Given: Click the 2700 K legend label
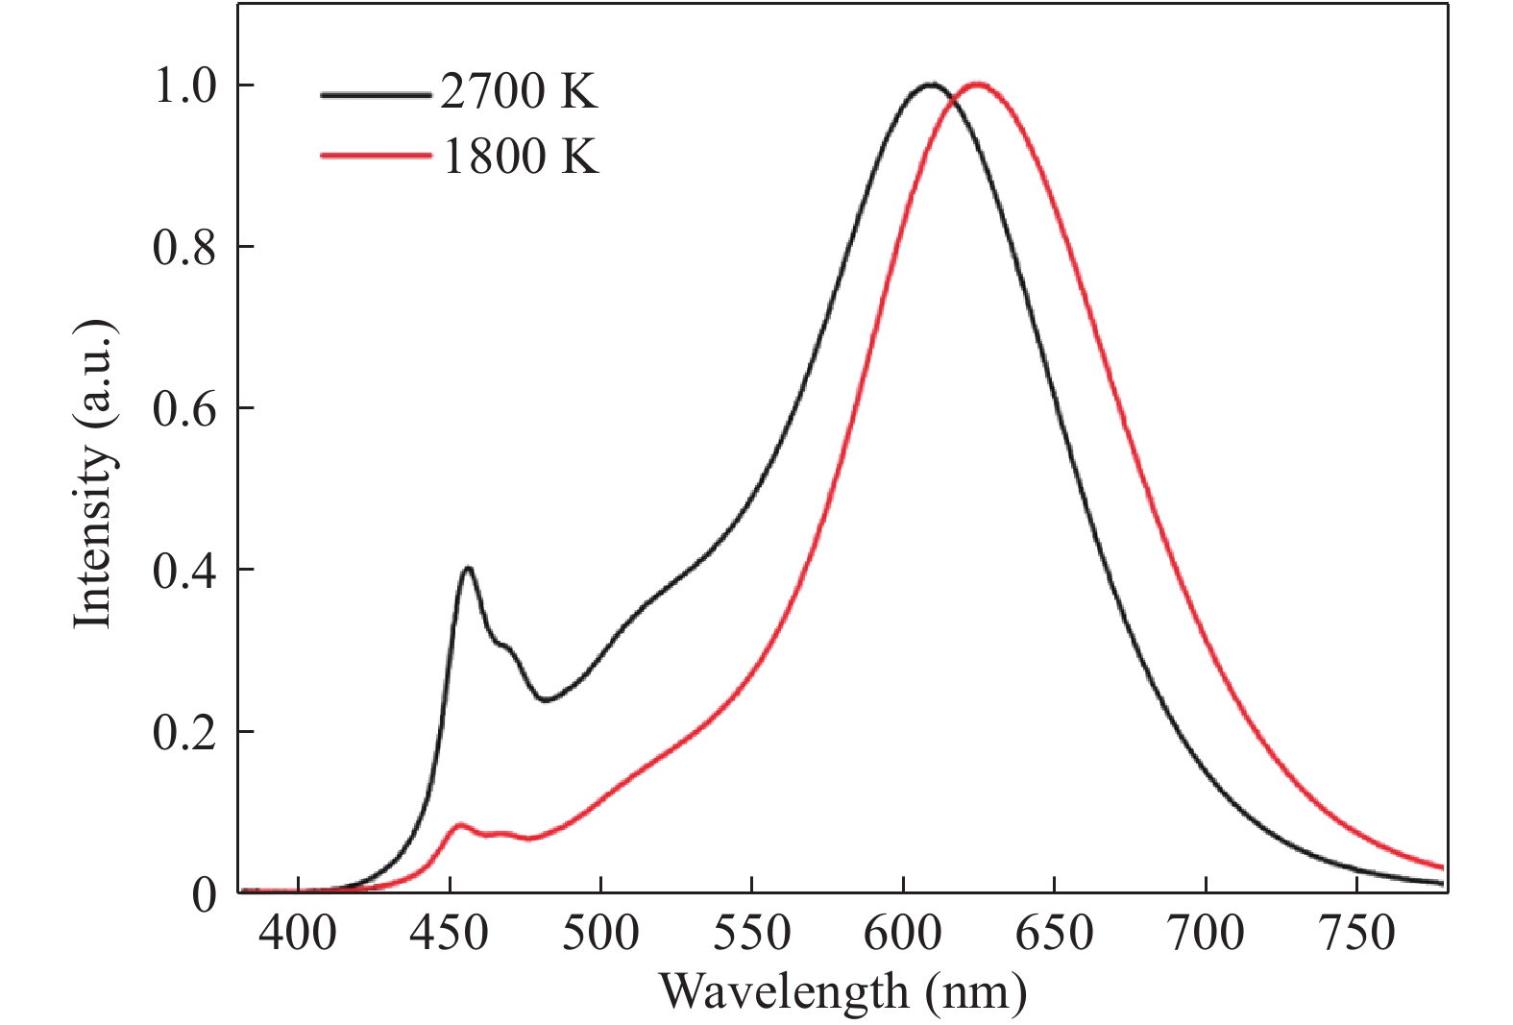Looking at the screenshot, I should (x=519, y=92).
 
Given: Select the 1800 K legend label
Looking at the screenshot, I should (x=521, y=156).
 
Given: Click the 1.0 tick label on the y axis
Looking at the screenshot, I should (x=184, y=86).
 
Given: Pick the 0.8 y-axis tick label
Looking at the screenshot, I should (x=184, y=248).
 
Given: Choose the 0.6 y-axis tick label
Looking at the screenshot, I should (x=184, y=409).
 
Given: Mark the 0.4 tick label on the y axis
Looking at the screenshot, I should (x=184, y=571).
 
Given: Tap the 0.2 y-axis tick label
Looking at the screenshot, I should (x=184, y=732).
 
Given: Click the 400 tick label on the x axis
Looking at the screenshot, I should (x=299, y=933).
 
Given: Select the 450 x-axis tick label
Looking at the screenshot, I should (x=450, y=933).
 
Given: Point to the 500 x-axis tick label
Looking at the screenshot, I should (x=600, y=933).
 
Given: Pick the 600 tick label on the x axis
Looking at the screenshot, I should (x=903, y=933).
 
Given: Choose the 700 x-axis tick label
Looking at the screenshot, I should (x=1205, y=933).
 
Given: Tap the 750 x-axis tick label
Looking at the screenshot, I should (x=1355, y=933).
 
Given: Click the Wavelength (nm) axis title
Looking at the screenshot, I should (x=842, y=990).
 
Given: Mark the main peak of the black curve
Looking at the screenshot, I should (x=930, y=85).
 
